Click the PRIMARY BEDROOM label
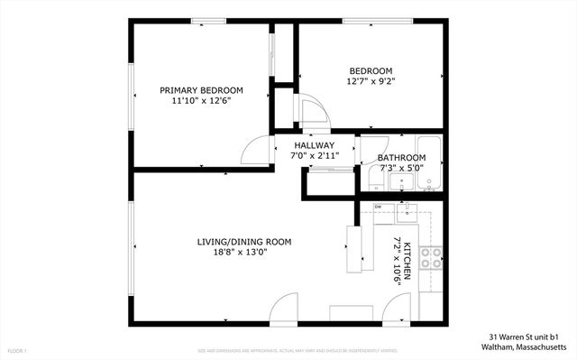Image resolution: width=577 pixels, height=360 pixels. [x=201, y=90]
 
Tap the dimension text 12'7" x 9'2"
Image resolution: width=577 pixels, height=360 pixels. [x=371, y=81]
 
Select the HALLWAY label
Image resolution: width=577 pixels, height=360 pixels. [x=313, y=145]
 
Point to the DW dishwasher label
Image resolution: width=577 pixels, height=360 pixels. [x=379, y=208]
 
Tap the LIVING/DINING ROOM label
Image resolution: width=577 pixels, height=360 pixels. [x=244, y=241]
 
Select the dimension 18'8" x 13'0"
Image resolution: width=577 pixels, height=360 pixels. [x=244, y=253]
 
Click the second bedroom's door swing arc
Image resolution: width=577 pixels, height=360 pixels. [x=311, y=113]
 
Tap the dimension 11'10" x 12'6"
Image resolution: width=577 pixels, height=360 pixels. [x=201, y=101]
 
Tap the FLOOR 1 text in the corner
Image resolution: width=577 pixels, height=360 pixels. [x=17, y=350]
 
